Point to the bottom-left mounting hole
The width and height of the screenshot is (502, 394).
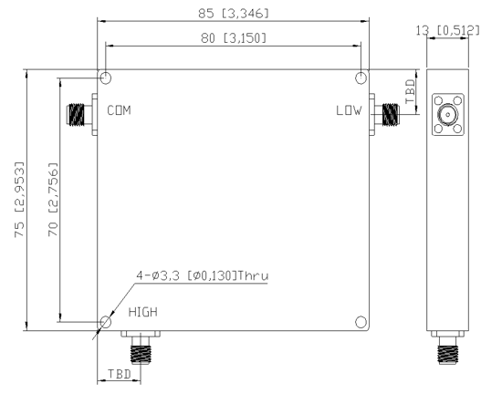coord(106,322)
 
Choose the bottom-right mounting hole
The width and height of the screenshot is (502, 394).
coord(361,322)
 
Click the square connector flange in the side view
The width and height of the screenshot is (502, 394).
coord(447,115)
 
